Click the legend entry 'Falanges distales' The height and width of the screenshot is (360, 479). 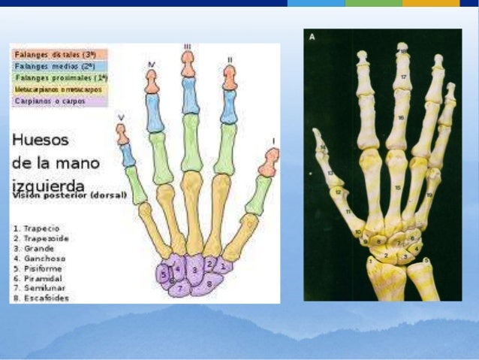(x=59, y=55)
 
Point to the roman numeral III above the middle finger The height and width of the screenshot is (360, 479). (x=187, y=47)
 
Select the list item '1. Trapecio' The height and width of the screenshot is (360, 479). (x=36, y=227)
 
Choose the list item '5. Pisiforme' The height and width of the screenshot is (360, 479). (x=38, y=268)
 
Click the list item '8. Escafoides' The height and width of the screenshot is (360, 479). (x=41, y=298)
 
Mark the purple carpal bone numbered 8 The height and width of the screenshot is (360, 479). (x=208, y=284)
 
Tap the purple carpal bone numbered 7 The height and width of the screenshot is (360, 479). (x=180, y=288)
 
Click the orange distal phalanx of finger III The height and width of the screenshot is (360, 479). (x=188, y=65)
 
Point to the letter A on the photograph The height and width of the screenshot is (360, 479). (x=312, y=35)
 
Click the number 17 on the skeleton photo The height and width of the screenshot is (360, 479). (x=403, y=77)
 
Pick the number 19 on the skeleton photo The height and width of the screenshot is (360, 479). (x=429, y=195)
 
